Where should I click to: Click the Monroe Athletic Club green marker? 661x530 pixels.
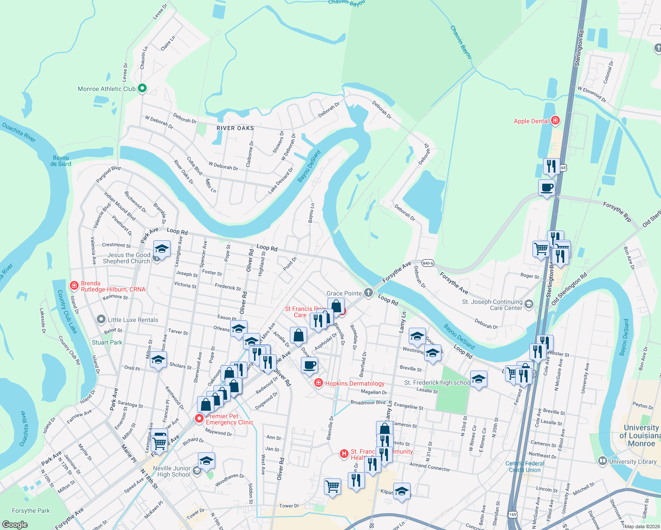(142, 88)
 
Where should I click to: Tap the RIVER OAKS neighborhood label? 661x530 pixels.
(235, 128)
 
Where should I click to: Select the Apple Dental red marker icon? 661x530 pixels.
(555, 121)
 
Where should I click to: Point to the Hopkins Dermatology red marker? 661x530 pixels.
(318, 383)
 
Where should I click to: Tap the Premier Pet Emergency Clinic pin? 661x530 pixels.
(200, 418)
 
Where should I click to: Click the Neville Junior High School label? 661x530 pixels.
(171, 471)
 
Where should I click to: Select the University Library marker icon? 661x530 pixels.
(602, 461)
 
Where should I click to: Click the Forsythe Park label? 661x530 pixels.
(31, 511)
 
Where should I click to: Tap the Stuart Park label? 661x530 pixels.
(107, 342)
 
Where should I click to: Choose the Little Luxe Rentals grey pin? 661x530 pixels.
(101, 319)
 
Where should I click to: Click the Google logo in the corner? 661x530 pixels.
(15, 524)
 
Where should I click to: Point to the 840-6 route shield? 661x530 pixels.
(427, 263)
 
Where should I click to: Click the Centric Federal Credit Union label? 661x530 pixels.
(525, 466)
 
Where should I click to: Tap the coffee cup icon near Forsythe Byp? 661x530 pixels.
(547, 187)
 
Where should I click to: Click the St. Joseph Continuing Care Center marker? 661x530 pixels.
(529, 304)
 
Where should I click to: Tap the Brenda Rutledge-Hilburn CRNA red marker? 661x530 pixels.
(74, 285)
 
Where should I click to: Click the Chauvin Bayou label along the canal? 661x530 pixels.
(461, 42)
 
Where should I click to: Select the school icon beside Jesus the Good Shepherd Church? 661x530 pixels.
(162, 249)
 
